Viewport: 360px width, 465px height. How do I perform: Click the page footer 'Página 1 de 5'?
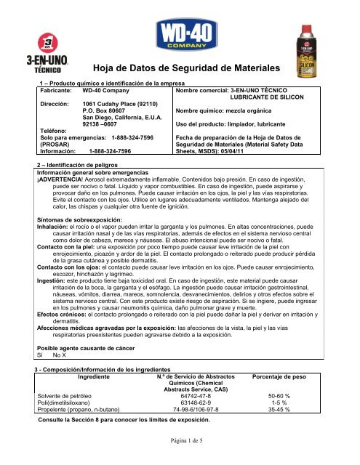click(x=180, y=460)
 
